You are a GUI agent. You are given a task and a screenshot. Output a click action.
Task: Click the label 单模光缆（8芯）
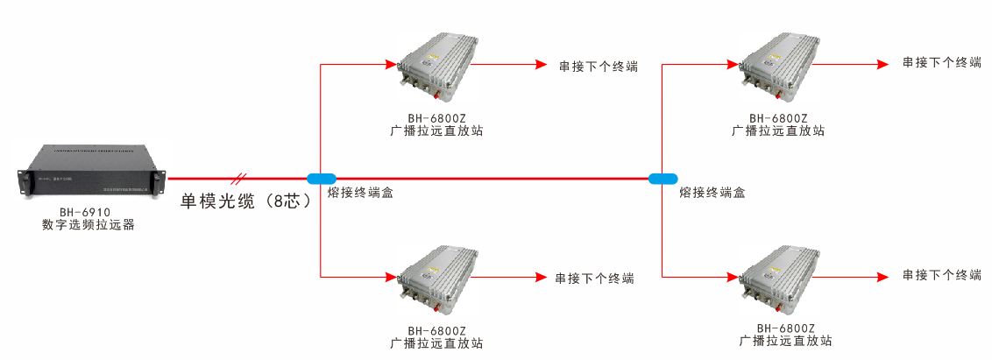click(246, 200)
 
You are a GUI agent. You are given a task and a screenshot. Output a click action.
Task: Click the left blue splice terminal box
click(322, 178)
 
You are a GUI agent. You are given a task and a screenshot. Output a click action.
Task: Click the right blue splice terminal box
click(663, 178)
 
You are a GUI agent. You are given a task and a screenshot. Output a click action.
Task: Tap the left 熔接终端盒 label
click(359, 193)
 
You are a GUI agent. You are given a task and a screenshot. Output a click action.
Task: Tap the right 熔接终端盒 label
click(712, 193)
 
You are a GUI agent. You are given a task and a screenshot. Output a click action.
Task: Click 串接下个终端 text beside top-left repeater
click(598, 66)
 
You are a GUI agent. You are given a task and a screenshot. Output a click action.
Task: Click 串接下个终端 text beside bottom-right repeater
click(942, 275)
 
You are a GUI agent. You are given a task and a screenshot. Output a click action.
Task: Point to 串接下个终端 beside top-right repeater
click(942, 63)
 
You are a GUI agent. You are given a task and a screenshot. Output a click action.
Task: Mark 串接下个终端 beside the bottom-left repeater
click(594, 278)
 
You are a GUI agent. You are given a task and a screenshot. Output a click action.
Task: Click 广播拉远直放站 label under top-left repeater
click(436, 131)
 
